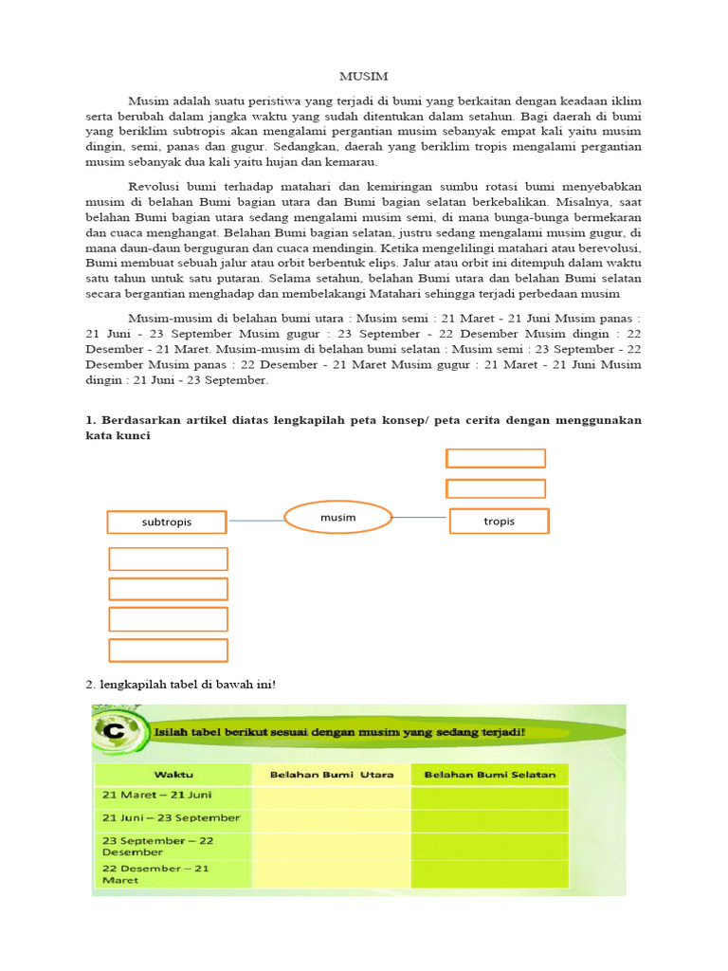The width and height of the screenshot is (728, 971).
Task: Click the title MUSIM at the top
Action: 364,76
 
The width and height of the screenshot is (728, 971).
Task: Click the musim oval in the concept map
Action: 338,518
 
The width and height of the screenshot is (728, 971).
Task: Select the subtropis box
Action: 167,522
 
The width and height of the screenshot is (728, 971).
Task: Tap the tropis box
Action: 499,521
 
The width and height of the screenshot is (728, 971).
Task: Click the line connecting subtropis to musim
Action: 256,521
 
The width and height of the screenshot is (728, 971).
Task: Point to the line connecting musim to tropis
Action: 419,517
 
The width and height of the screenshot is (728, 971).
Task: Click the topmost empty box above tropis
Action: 496,458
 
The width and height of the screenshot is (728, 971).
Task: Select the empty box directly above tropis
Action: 496,488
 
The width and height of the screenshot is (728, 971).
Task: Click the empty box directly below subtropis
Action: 169,559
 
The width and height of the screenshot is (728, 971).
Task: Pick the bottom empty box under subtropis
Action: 169,650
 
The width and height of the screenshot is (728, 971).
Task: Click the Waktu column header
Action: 173,774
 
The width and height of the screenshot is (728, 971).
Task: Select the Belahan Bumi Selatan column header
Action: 489,774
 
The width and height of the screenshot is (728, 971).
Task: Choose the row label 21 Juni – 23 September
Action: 170,817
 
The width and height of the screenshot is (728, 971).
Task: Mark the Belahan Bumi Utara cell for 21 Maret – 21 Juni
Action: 330,795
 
